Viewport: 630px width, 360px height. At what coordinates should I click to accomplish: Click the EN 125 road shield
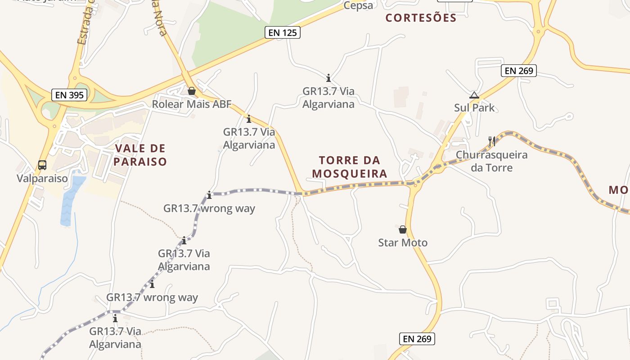(x=282, y=32)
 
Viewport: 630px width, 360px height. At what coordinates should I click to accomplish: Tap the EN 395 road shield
(x=69, y=95)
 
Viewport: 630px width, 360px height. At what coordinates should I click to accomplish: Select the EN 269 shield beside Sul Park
(x=519, y=71)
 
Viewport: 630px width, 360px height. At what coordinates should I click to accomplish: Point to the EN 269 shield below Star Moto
(x=417, y=339)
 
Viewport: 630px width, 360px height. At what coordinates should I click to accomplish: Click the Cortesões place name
(x=421, y=18)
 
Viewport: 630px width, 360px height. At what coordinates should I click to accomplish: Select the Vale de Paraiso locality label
(x=140, y=155)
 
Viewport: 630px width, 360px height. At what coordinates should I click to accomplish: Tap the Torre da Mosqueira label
(x=350, y=167)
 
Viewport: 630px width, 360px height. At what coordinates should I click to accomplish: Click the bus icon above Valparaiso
(x=42, y=165)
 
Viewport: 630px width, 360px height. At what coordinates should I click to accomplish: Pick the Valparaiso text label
(x=42, y=179)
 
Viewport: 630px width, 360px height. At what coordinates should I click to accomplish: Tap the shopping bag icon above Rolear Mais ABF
(x=192, y=91)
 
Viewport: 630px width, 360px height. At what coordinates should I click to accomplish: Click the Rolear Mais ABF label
(x=192, y=104)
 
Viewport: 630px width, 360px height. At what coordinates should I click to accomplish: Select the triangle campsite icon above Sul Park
(x=474, y=95)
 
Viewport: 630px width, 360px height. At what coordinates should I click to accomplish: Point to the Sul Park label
(x=474, y=108)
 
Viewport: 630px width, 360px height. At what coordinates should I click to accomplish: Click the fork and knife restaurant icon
(x=491, y=141)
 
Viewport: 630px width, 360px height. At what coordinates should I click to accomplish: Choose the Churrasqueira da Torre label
(x=491, y=162)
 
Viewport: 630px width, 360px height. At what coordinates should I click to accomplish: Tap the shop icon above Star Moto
(x=403, y=229)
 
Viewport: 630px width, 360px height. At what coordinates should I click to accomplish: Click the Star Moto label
(x=403, y=243)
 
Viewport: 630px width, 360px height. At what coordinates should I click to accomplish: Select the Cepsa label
(x=358, y=5)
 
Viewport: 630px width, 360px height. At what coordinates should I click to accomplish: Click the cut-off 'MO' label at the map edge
(x=619, y=190)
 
